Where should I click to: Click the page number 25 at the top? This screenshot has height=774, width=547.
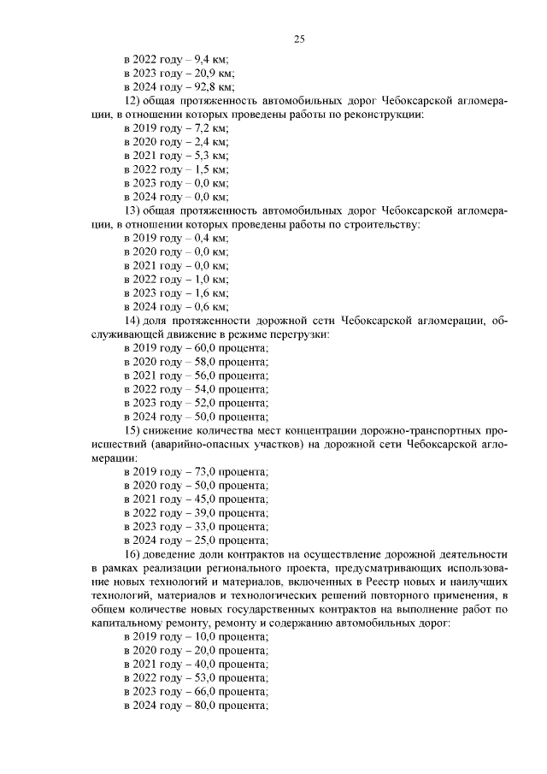point(299,38)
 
